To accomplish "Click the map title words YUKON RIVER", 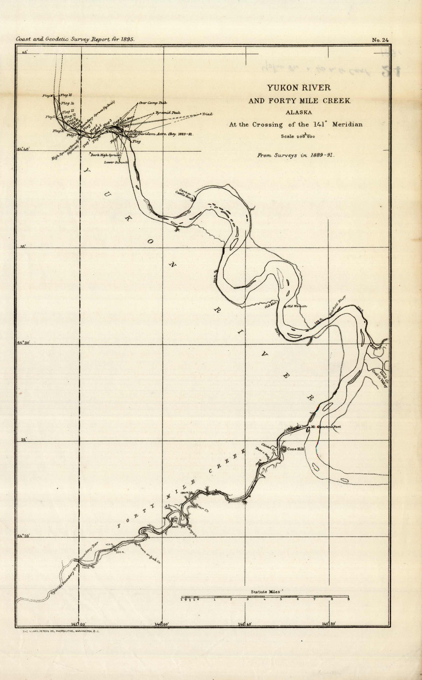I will point(299,88).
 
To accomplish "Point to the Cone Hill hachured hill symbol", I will point(284,449).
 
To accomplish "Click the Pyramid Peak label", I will point(168,113).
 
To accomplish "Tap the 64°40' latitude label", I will point(23,149).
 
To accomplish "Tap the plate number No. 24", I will point(380,40).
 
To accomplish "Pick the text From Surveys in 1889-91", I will point(296,155).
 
